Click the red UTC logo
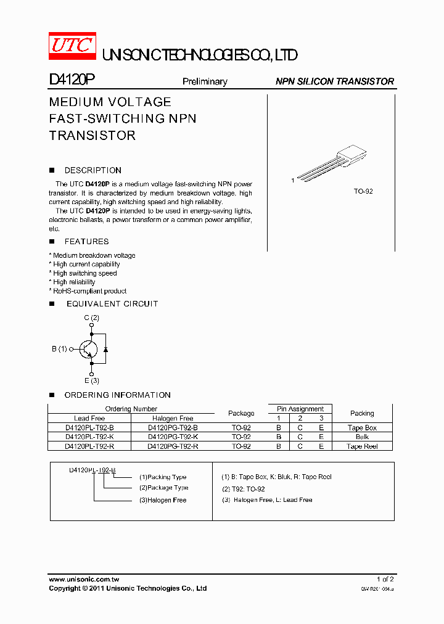[72, 45]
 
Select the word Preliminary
[205, 81]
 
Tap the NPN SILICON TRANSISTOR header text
[334, 81]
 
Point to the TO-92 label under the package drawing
[363, 191]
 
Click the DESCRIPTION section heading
[92, 170]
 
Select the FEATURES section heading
[86, 242]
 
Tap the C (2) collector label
[91, 318]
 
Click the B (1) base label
[59, 349]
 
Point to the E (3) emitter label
[91, 380]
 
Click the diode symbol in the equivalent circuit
[106, 349]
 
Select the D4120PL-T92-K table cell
[89, 437]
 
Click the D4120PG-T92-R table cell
[173, 446]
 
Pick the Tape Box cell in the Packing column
[362, 427]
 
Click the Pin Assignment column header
[300, 409]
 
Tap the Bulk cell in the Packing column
[362, 437]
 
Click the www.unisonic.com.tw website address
[84, 580]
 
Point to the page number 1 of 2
[385, 580]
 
